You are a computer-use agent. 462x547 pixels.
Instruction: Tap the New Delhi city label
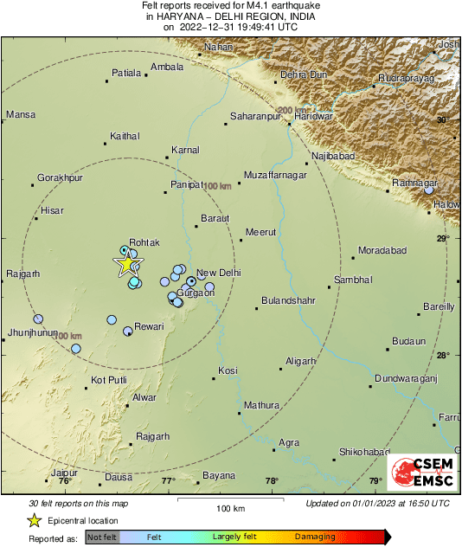[x=219, y=273]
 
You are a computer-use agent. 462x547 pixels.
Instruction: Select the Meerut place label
[x=260, y=232]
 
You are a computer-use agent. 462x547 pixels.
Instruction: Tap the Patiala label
[x=126, y=73]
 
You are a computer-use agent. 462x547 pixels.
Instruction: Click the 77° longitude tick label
[x=168, y=481]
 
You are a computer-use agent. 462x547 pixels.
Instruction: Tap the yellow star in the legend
[x=35, y=520]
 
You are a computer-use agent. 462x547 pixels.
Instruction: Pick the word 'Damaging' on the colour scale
[x=315, y=537]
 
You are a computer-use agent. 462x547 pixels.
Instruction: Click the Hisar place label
[x=53, y=210]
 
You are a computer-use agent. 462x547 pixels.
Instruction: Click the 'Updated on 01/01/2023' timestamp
[x=378, y=504]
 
